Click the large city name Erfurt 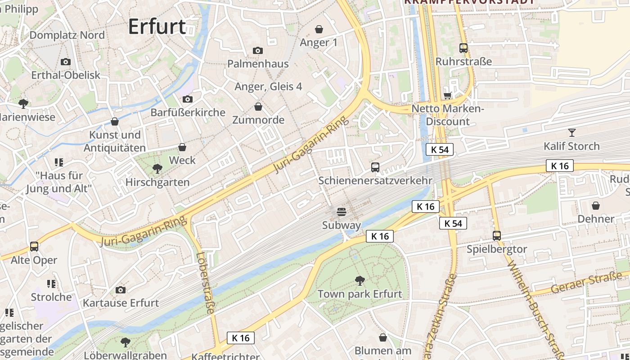(157, 27)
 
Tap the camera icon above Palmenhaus (258, 50)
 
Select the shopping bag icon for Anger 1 (319, 30)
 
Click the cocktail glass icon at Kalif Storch (571, 133)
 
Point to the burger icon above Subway (342, 212)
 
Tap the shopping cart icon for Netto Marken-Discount (447, 95)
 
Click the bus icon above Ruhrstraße (463, 48)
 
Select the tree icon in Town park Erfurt (360, 281)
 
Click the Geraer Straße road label (586, 282)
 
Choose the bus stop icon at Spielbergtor (497, 236)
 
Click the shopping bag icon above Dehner (596, 206)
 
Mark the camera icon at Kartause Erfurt (121, 290)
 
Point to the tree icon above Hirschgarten (157, 169)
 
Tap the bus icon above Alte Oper (34, 247)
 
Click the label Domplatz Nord (67, 35)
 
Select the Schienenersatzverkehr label (375, 180)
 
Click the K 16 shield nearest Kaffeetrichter (241, 337)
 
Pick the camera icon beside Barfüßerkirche (188, 99)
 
